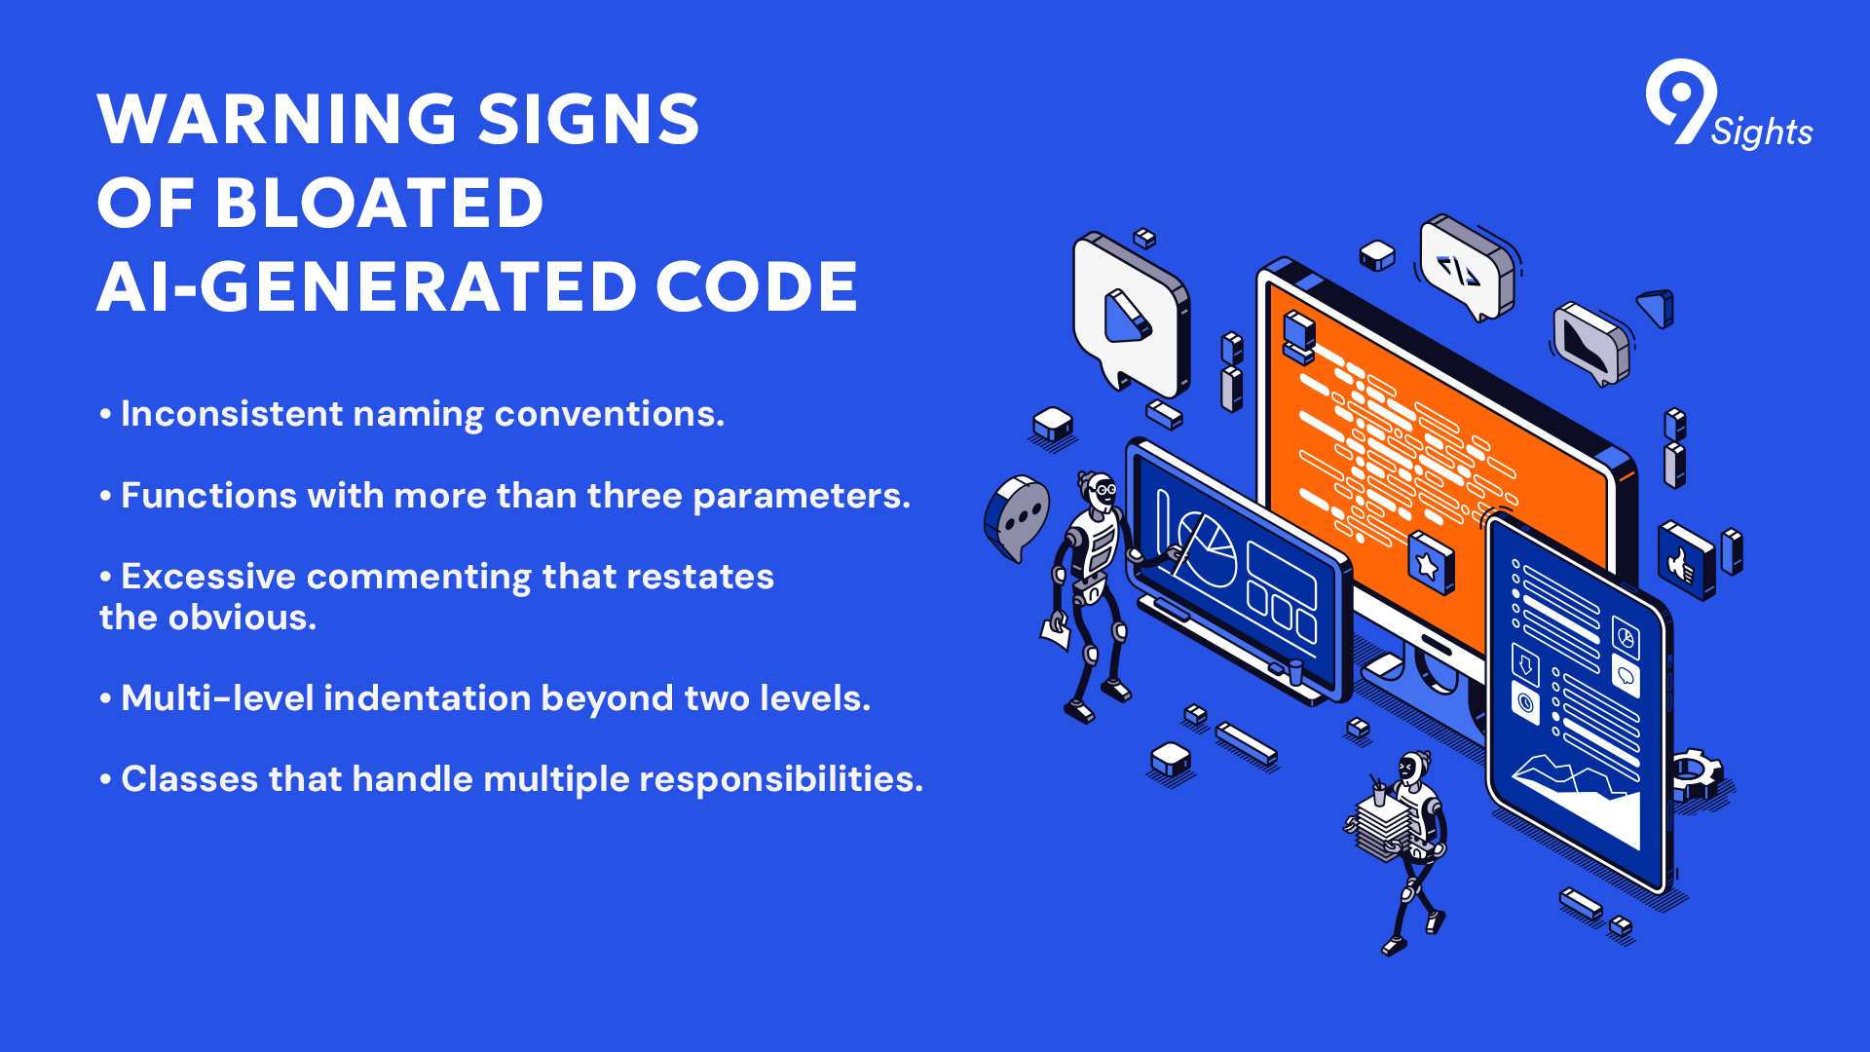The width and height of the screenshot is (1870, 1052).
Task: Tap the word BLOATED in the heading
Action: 379,204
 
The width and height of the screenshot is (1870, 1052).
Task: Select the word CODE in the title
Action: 757,287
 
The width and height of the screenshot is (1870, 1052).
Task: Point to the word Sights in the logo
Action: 1762,131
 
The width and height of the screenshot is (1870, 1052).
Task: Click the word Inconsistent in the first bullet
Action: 233,414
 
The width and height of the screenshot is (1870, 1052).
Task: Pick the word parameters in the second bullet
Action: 802,497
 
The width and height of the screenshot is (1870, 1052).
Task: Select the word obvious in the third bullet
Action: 242,618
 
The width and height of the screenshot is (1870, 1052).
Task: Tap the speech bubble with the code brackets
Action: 1465,266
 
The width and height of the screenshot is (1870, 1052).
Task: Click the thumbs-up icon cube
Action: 1686,561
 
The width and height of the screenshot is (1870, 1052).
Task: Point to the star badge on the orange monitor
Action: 1430,563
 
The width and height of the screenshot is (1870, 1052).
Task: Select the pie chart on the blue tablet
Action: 1208,549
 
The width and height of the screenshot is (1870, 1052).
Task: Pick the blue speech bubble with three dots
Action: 1017,517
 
